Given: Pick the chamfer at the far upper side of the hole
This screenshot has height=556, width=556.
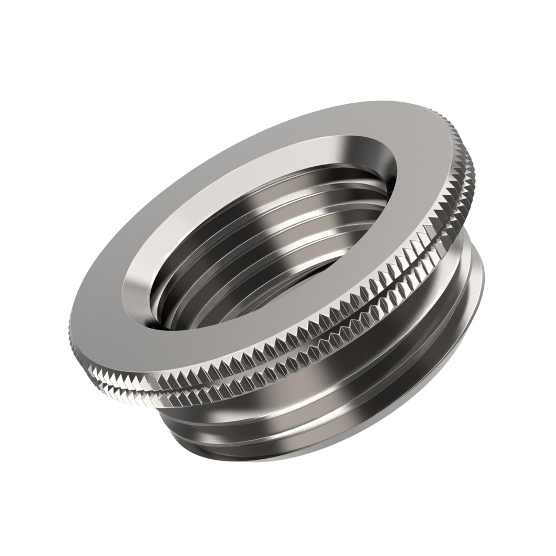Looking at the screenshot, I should coord(334,139).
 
